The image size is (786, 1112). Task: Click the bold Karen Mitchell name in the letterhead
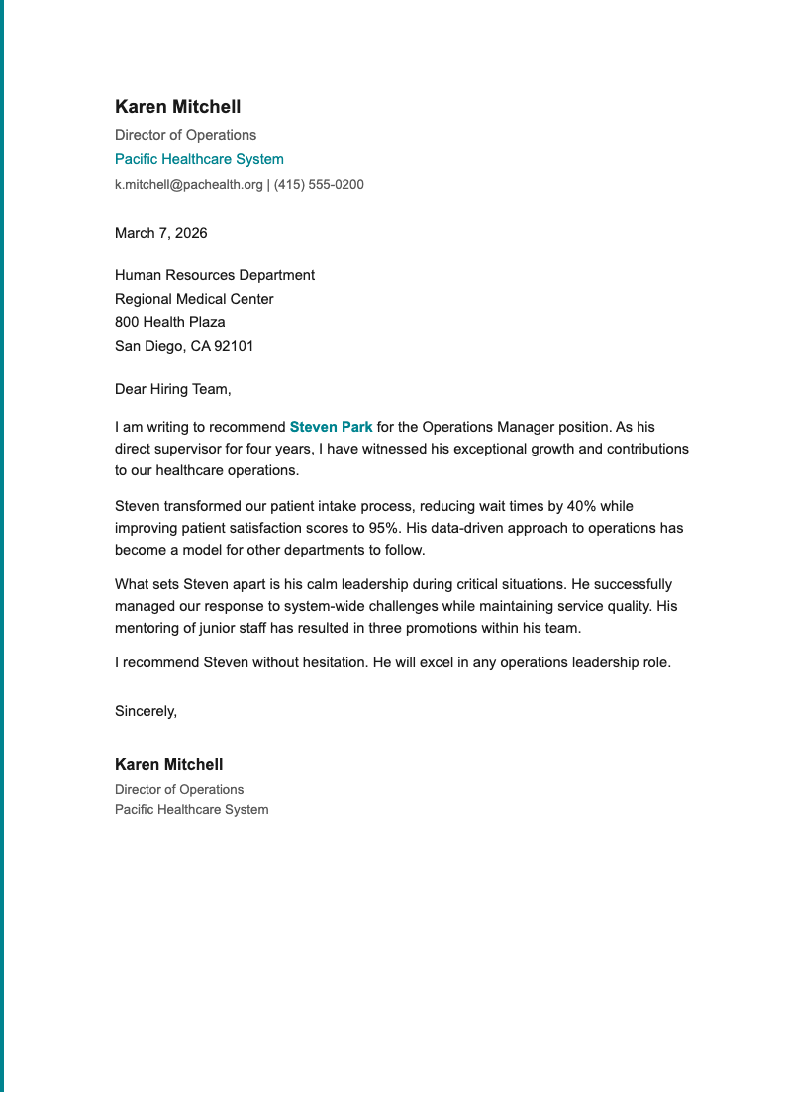[x=177, y=107]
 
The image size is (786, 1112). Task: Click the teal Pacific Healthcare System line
[x=199, y=159]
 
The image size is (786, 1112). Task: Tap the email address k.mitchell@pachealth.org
[x=189, y=184]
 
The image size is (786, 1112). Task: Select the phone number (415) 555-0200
[x=319, y=184]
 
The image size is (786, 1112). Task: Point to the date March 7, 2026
[x=161, y=233]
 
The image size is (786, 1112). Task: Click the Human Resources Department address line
[x=215, y=275]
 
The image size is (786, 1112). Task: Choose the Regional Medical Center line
[x=194, y=299]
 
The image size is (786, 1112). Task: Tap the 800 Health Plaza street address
[x=169, y=322]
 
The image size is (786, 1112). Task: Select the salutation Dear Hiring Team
[x=172, y=389]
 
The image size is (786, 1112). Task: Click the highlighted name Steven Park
[x=331, y=427]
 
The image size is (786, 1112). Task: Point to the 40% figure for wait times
[x=581, y=506]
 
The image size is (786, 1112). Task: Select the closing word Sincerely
[x=146, y=710]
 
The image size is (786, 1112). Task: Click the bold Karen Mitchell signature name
[x=168, y=764]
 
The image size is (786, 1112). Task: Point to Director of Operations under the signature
[x=179, y=789]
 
